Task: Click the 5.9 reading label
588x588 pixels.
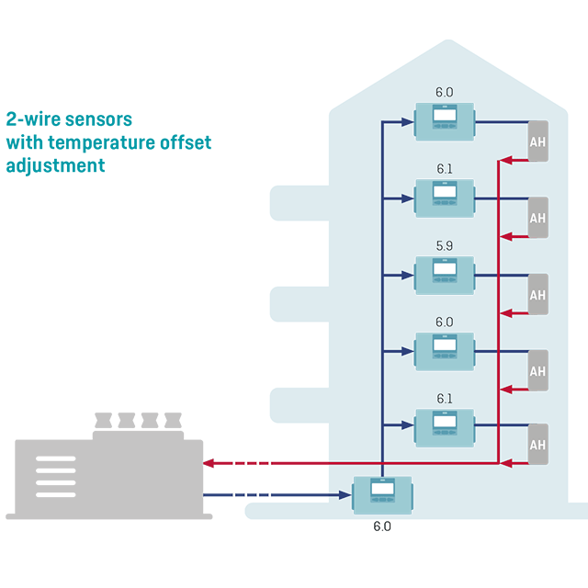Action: pos(445,246)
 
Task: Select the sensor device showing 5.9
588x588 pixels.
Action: pos(445,274)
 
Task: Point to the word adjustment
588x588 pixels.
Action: pos(55,165)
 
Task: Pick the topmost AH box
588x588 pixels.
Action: pos(537,141)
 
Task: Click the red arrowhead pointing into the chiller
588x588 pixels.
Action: pos(208,463)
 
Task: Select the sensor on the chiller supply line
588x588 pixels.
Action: pos(383,495)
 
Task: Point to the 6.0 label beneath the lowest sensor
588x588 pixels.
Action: pos(382,526)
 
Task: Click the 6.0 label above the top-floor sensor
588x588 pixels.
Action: pos(445,93)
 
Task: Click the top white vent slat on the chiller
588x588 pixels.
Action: pos(56,458)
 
